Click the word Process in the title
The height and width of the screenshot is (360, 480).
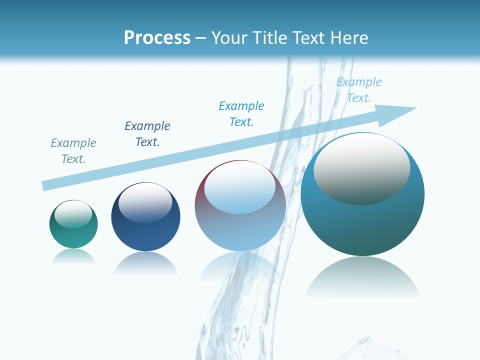point(157,38)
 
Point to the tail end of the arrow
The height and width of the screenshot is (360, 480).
point(46,185)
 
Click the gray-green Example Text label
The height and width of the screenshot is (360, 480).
point(73,150)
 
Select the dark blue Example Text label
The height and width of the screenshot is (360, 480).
point(147,133)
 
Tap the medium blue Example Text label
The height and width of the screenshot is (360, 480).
point(241,113)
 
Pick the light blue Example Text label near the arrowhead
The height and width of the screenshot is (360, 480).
point(359,89)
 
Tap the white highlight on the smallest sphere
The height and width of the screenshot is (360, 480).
point(73,213)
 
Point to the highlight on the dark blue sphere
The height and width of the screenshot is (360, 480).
point(145,202)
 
